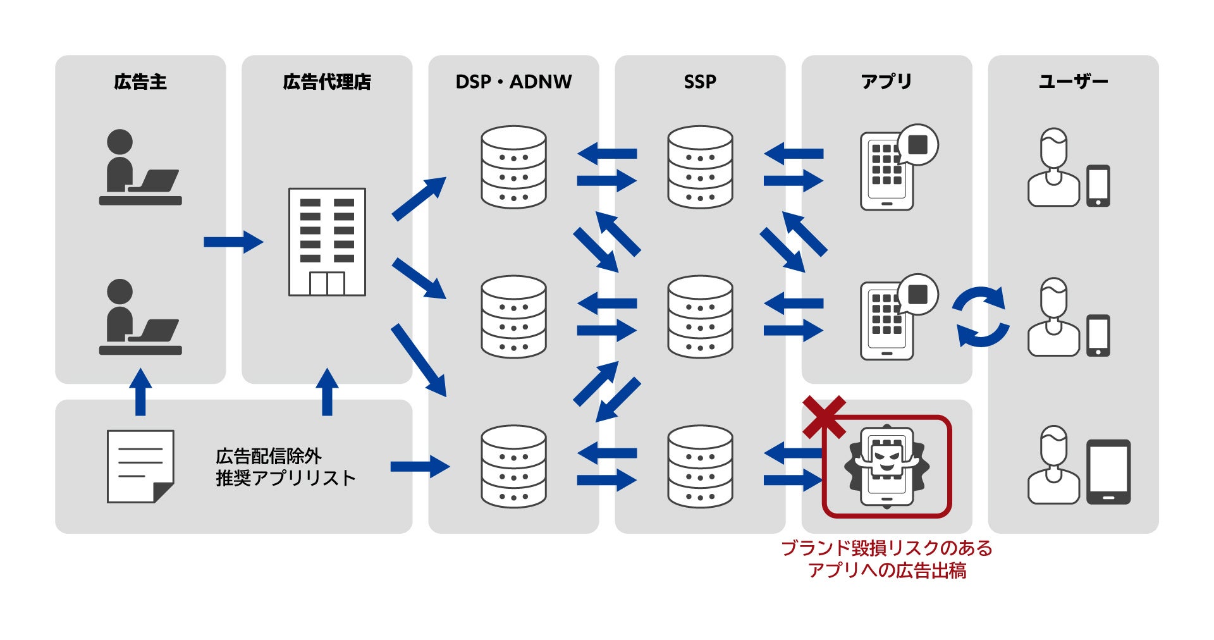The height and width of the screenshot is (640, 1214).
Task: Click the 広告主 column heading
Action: pyautogui.click(x=140, y=82)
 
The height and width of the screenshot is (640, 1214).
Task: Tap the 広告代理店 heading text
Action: pyautogui.click(x=326, y=82)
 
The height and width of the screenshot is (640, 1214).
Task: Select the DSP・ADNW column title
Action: pyautogui.click(x=513, y=82)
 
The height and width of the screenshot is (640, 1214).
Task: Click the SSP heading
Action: pyautogui.click(x=700, y=82)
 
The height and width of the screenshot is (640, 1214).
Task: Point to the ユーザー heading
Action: pyautogui.click(x=1073, y=82)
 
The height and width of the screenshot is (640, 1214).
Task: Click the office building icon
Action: pyautogui.click(x=327, y=242)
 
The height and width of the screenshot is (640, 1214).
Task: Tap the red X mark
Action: pyautogui.click(x=824, y=417)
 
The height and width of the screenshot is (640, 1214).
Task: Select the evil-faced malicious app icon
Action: pyautogui.click(x=886, y=467)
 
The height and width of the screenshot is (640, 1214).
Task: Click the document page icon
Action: pyautogui.click(x=140, y=467)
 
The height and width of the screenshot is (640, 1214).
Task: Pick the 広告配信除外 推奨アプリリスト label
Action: pyautogui.click(x=285, y=467)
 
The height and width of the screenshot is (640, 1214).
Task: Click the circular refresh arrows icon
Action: pyautogui.click(x=981, y=317)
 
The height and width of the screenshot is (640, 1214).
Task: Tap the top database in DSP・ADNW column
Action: pyautogui.click(x=513, y=167)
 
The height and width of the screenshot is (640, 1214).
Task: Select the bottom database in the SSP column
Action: pyautogui.click(x=700, y=467)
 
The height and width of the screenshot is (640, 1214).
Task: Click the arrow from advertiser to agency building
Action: pyautogui.click(x=233, y=242)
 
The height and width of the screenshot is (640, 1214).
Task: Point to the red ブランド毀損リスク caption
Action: pyautogui.click(x=886, y=559)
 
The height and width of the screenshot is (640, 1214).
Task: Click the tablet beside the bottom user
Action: pyautogui.click(x=1108, y=472)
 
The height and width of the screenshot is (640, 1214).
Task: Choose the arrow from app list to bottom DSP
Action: pyautogui.click(x=419, y=467)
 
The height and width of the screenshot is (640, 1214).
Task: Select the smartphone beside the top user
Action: pyautogui.click(x=1098, y=186)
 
